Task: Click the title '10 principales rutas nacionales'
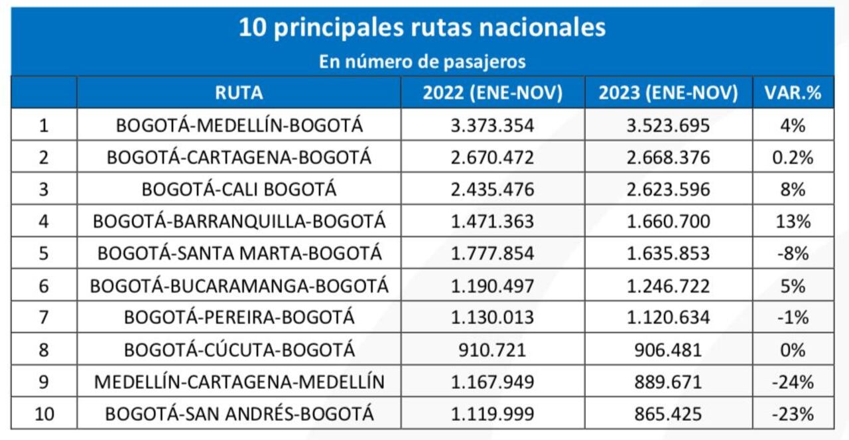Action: (x=422, y=28)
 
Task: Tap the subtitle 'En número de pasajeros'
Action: (x=422, y=62)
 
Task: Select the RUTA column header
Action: (x=239, y=93)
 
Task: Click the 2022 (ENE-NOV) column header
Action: (x=492, y=93)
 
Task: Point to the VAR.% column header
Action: (x=793, y=93)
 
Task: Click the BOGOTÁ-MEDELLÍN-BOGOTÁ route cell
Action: (x=239, y=125)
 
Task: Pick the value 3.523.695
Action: (x=668, y=125)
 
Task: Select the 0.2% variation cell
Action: (x=793, y=157)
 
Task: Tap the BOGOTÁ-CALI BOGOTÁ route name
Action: (x=239, y=189)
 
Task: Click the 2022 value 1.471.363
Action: (x=492, y=221)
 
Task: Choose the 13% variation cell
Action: (x=793, y=221)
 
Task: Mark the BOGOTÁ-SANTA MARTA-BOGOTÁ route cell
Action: (x=239, y=253)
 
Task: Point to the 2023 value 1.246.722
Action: (x=668, y=285)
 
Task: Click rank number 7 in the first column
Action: (x=44, y=317)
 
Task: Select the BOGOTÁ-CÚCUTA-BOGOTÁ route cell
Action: (x=239, y=349)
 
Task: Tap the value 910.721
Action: (x=492, y=349)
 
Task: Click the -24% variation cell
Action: (x=793, y=382)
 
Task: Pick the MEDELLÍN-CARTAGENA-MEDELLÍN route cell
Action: (x=239, y=382)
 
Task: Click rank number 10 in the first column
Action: (x=44, y=414)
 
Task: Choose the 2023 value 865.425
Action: (x=668, y=414)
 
